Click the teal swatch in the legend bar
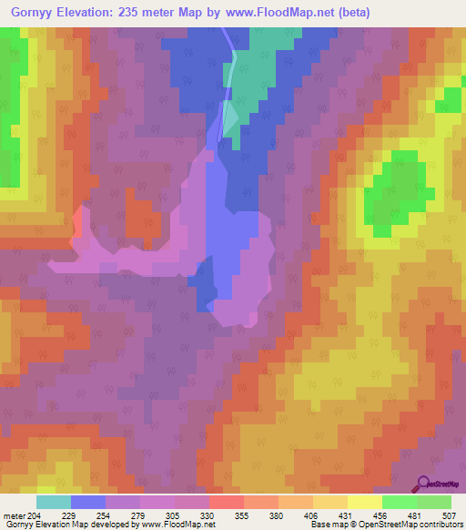(54, 501)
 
